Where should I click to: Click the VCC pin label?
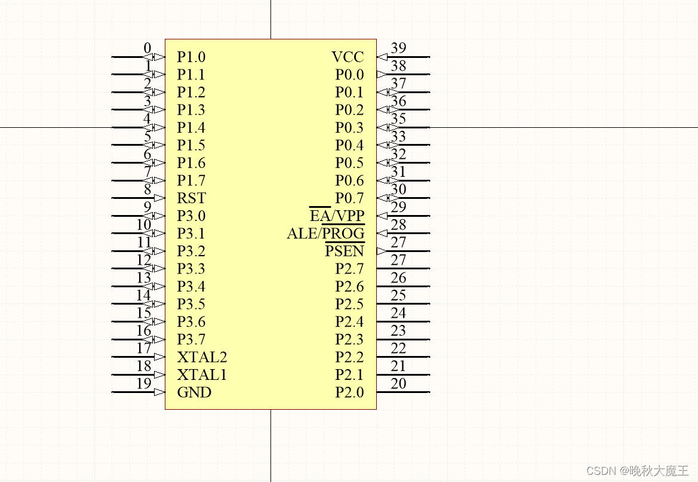(348, 57)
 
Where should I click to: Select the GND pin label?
(194, 392)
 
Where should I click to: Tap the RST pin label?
(191, 198)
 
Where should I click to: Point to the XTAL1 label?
(202, 375)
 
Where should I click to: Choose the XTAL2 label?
(202, 357)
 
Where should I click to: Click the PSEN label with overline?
(345, 251)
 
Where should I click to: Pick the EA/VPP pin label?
(337, 216)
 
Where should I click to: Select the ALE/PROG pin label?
(325, 234)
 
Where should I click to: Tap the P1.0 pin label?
(191, 57)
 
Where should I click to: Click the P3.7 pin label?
(191, 340)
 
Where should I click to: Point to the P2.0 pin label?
(349, 392)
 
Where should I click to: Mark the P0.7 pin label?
(349, 198)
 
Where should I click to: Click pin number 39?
(398, 48)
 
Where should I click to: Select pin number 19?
(144, 383)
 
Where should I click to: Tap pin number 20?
(398, 383)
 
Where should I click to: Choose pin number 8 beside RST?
(147, 190)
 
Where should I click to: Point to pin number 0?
(147, 48)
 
